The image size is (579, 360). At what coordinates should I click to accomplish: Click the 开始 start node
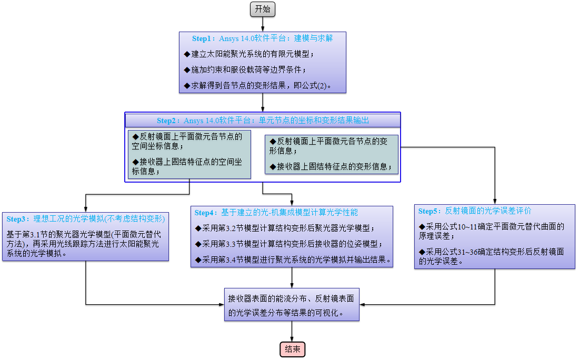(x=263, y=9)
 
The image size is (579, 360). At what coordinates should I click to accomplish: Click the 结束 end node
(x=292, y=349)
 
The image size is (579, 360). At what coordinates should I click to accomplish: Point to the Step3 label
(x=18, y=219)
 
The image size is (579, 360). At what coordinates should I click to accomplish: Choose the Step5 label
(x=430, y=211)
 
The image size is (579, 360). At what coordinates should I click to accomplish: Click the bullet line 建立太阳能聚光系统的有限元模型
(x=249, y=54)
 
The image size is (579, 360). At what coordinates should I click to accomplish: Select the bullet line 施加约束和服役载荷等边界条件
(x=245, y=69)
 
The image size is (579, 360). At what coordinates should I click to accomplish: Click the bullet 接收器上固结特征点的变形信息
(x=331, y=167)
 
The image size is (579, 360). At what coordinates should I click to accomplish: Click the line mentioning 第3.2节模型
(x=284, y=228)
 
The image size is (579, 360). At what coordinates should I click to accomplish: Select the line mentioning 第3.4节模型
(x=293, y=259)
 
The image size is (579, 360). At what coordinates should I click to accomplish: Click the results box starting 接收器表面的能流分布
(x=291, y=305)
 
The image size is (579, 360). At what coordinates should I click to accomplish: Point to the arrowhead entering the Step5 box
(x=495, y=202)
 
